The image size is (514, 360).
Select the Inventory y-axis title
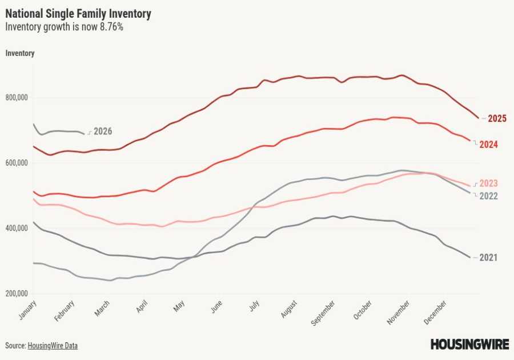coord(20,53)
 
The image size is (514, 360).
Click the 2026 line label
coord(103,131)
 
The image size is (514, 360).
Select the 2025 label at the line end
coord(497,119)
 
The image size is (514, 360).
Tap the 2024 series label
coord(488,145)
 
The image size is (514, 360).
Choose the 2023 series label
coord(488,183)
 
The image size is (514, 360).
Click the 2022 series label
coord(488,196)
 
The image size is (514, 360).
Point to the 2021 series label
coord(488,258)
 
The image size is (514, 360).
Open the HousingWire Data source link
coord(53,346)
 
